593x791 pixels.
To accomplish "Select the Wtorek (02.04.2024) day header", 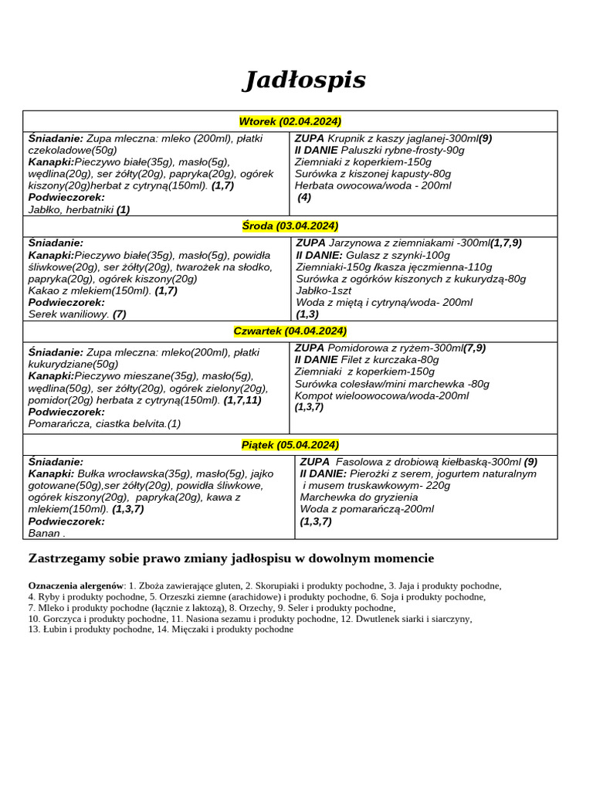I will coord(290,121).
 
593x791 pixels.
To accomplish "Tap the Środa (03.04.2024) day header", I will coord(290,226).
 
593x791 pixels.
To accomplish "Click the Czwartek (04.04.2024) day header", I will coord(290,331).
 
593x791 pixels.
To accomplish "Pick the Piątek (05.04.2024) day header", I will coord(290,444).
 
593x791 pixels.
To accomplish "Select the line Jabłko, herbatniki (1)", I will coord(79,209).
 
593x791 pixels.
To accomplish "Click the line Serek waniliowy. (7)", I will coord(76,314).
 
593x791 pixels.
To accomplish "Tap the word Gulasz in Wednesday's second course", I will coord(362,255).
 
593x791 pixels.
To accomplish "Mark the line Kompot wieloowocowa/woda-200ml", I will coord(381,395).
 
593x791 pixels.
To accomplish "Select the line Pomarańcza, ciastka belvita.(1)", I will coord(104,423).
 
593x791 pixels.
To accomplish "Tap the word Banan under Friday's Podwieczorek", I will coord(44,532).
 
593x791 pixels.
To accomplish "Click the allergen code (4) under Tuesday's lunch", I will coord(304,197).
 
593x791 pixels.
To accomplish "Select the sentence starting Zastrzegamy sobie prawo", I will coord(231,558).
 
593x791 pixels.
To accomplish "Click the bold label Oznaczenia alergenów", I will coord(76,586).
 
